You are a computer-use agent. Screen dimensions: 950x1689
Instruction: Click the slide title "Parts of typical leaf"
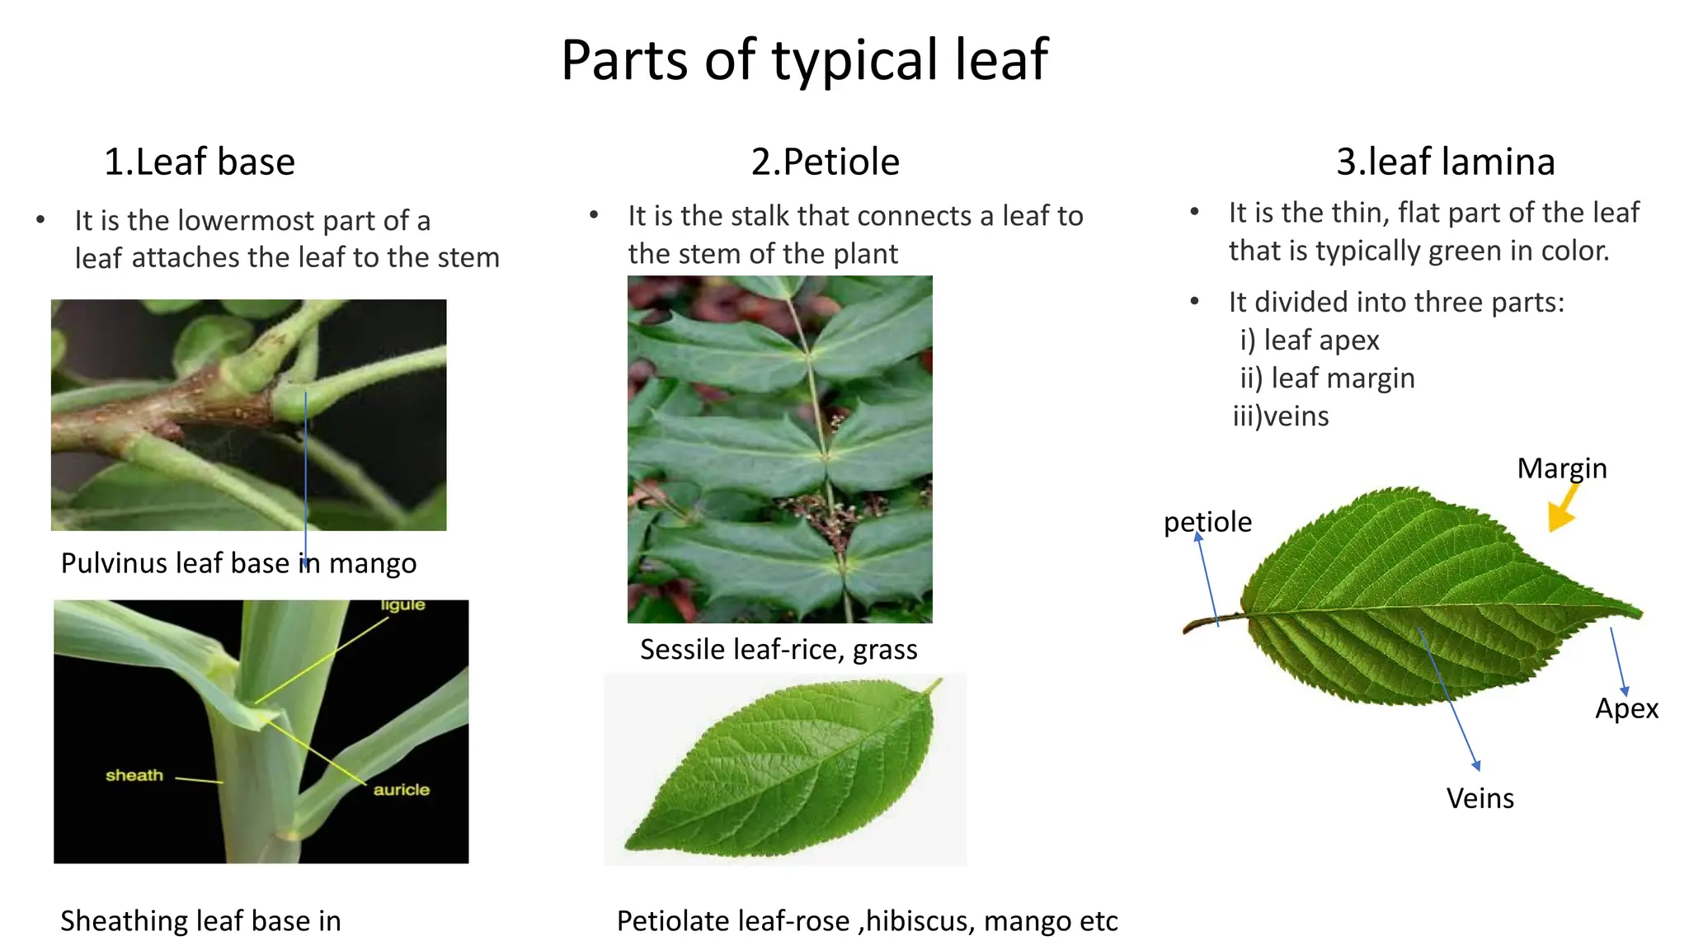tap(804, 60)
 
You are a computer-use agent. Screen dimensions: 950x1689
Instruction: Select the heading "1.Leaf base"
tap(199, 162)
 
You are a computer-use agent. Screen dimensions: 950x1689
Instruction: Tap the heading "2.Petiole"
tap(825, 162)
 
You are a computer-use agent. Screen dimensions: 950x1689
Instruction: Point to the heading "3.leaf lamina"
tap(1445, 162)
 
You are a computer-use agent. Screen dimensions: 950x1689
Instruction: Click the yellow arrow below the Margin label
tap(1562, 510)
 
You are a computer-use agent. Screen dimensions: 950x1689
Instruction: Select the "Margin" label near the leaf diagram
tap(1561, 468)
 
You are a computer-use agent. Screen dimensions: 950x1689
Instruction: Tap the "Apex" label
tap(1625, 708)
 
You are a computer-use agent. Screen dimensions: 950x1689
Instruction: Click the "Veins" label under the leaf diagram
tap(1480, 798)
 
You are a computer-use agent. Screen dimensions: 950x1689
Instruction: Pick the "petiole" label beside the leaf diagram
tap(1207, 522)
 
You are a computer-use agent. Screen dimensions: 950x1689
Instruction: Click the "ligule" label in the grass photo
tap(402, 605)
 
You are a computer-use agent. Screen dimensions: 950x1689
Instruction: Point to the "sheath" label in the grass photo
tap(134, 775)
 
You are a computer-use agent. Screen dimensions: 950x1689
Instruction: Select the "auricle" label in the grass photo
tap(401, 790)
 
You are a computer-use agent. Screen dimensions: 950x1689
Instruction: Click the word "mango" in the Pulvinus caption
tap(373, 563)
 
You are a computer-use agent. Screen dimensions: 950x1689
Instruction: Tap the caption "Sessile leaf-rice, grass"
tap(779, 650)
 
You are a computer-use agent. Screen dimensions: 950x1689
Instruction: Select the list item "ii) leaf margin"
tap(1327, 379)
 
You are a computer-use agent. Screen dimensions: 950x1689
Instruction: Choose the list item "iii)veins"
tap(1280, 416)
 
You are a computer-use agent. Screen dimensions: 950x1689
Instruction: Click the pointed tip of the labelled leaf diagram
tap(1637, 612)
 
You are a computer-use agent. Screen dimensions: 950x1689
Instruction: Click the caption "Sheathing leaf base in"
tap(200, 921)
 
